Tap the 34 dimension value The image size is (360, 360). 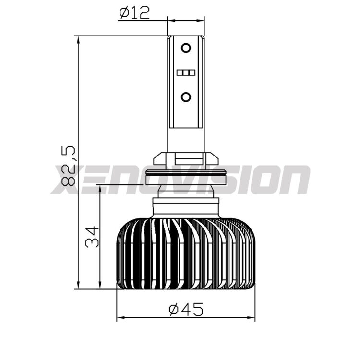coord(92,236)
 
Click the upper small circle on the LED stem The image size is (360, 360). coord(186,48)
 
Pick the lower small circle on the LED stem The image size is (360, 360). coord(186,97)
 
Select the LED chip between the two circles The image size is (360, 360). coord(186,73)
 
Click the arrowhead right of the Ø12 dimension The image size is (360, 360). coord(201,21)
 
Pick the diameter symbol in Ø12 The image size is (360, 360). coord(124,12)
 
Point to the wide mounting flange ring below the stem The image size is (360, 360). coord(186,172)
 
